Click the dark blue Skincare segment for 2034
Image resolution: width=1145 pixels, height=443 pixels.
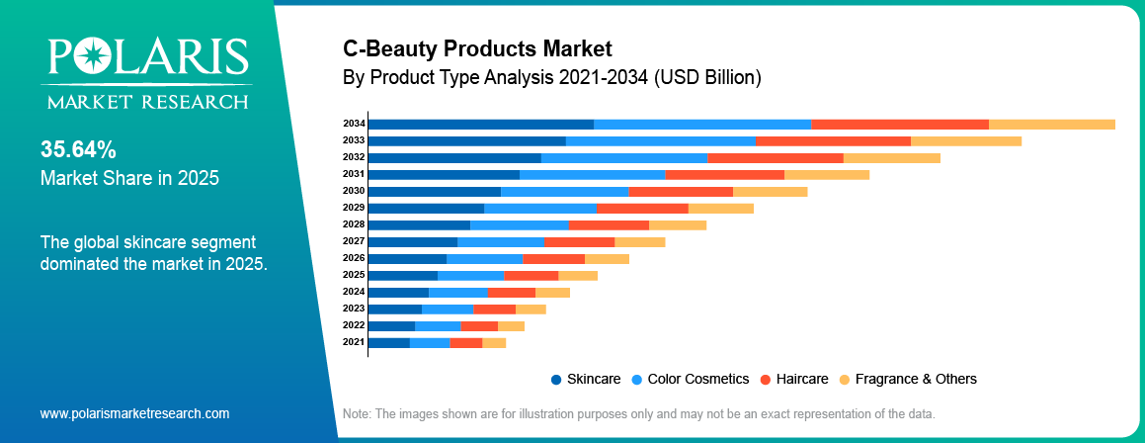(480, 124)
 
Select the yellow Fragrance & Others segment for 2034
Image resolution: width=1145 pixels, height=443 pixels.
(1051, 124)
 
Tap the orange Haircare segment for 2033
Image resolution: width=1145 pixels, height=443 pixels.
(833, 140)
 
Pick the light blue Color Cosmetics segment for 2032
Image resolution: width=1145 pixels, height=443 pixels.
(623, 157)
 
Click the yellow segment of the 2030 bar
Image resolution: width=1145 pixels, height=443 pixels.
(770, 191)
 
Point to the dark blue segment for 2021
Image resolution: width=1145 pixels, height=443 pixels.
(388, 342)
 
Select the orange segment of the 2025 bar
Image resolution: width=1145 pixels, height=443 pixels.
(531, 275)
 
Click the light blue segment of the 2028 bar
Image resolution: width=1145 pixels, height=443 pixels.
(519, 224)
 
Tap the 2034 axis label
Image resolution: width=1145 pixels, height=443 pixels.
(354, 124)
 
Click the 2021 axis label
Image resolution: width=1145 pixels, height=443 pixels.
(354, 342)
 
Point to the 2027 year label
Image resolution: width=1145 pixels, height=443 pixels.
(354, 241)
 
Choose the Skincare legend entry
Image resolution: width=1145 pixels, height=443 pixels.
(587, 379)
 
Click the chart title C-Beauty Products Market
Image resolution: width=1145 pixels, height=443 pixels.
(477, 48)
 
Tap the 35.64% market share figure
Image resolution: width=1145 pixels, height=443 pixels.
(78, 150)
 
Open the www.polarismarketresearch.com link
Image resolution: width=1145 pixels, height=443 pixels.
(134, 413)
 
